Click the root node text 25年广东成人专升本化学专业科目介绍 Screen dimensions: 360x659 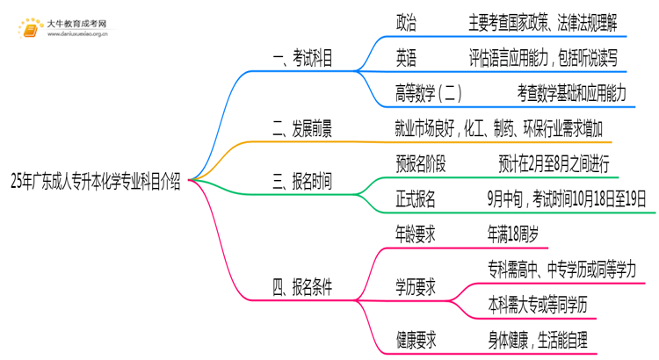[96, 183]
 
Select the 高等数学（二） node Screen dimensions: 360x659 [429, 92]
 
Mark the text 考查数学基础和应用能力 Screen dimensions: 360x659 [572, 92]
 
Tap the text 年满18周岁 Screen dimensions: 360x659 [513, 234]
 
